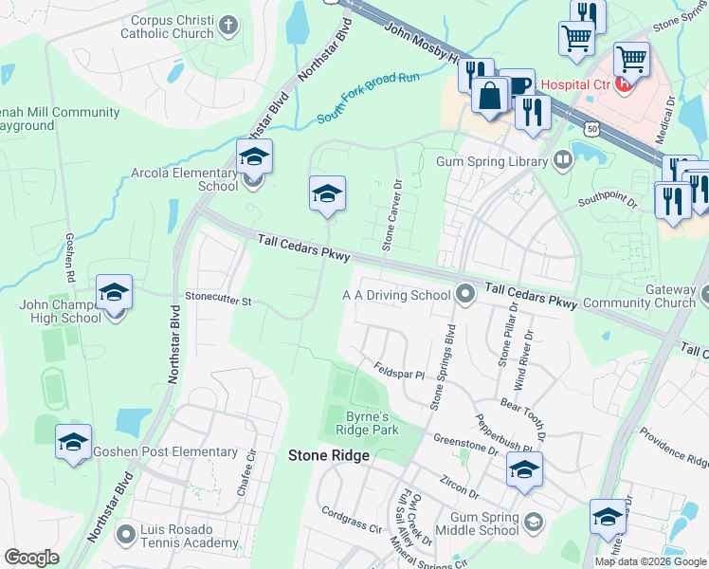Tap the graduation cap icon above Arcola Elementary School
pyautogui.click(x=254, y=156)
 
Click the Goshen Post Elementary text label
pyautogui.click(x=165, y=452)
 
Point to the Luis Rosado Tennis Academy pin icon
pyautogui.click(x=125, y=534)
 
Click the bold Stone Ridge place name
pyautogui.click(x=328, y=456)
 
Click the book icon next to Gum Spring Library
pyautogui.click(x=563, y=160)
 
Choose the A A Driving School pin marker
pyautogui.click(x=464, y=294)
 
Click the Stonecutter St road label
pyautogui.click(x=217, y=301)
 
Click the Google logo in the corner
pyautogui.click(x=31, y=558)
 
